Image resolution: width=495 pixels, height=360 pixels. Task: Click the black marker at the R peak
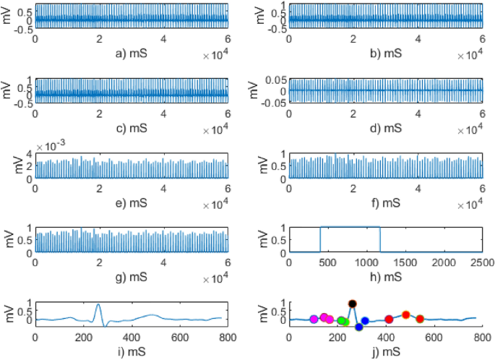(352, 304)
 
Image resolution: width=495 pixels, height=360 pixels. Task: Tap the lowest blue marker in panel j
(359, 327)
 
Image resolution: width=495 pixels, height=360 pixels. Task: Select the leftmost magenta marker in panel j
(314, 319)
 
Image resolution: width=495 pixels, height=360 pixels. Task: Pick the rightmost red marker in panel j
(420, 319)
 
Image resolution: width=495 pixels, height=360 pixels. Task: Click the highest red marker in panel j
(405, 314)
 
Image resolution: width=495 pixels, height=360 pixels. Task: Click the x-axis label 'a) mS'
(132, 53)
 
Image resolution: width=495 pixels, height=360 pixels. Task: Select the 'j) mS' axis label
(385, 352)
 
